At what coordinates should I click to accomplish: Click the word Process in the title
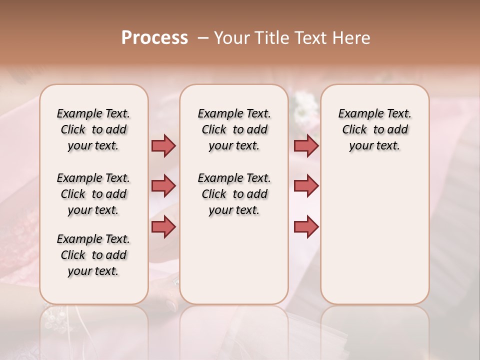click(154, 38)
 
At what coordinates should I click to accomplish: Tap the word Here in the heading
click(351, 38)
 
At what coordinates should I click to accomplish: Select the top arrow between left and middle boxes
click(163, 145)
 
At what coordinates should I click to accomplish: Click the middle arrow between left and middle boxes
click(163, 186)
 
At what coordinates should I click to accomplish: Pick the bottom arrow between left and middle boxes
click(163, 226)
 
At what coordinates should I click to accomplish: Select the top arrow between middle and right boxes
click(306, 145)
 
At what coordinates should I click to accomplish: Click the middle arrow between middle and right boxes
click(306, 186)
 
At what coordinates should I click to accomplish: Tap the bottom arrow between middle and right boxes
click(306, 226)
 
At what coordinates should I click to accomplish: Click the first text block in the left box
click(93, 129)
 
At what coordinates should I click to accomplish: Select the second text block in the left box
click(93, 194)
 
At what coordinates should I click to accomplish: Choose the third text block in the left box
click(93, 255)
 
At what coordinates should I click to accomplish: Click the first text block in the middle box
click(234, 129)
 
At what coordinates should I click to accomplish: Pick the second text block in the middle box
click(234, 194)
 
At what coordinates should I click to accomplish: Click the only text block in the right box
click(374, 129)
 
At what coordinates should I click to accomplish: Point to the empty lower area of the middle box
click(234, 260)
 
